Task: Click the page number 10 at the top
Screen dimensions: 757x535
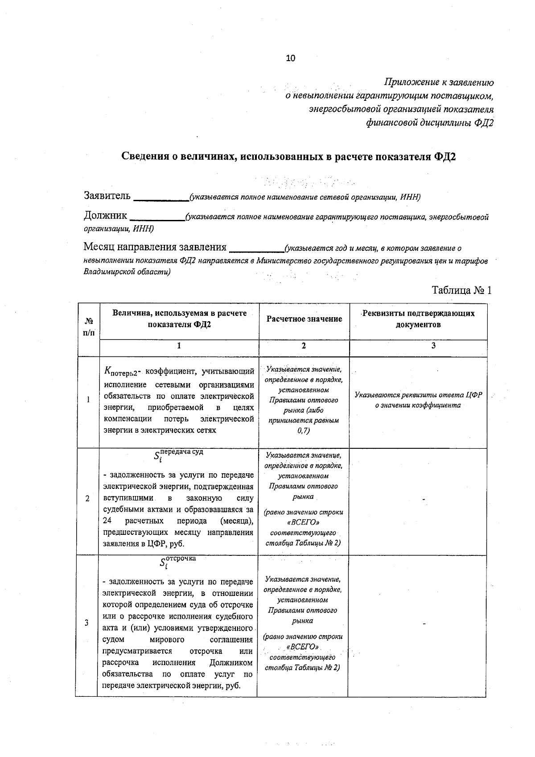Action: [x=291, y=58]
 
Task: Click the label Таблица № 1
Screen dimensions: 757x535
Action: [x=461, y=290]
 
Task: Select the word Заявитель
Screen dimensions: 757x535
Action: [x=107, y=195]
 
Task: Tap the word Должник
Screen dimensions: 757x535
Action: [x=105, y=216]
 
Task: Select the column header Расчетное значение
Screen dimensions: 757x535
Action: [x=304, y=319]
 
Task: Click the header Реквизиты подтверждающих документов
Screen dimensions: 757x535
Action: [x=418, y=319]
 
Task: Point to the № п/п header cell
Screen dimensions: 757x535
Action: [x=88, y=327]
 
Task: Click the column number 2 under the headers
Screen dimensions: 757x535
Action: [x=304, y=346]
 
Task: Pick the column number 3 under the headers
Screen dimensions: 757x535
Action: [x=433, y=346]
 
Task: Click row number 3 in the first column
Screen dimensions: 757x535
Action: [x=86, y=623]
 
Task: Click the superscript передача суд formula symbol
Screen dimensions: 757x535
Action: [x=178, y=455]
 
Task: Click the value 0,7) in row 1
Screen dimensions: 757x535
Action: [x=304, y=430]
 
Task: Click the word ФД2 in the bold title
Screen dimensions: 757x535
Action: [x=444, y=157]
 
